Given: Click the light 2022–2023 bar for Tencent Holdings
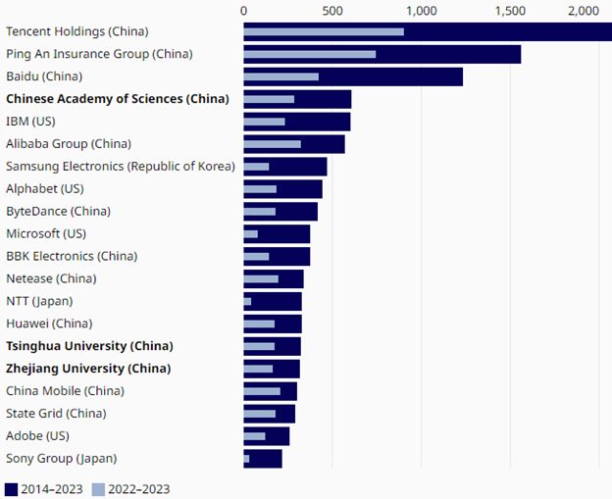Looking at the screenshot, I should click(x=324, y=31).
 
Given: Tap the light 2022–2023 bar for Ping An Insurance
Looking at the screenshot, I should click(x=310, y=54).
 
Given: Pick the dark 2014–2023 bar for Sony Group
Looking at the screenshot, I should click(x=266, y=459).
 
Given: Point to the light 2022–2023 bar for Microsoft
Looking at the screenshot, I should click(x=251, y=234).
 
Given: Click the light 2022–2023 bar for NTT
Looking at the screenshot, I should click(x=247, y=302).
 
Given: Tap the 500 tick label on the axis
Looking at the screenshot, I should click(x=332, y=10).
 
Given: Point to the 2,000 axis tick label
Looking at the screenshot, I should click(x=584, y=10).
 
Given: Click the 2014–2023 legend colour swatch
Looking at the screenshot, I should click(x=12, y=488).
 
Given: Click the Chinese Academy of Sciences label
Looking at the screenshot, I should click(x=117, y=99).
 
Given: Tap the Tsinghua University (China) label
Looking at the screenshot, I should click(x=89, y=346).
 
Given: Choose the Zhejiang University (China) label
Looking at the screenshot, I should click(x=88, y=369).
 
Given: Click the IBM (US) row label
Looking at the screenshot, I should click(x=31, y=122).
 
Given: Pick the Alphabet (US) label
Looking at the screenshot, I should click(x=45, y=188).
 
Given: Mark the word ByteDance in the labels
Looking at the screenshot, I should click(x=33, y=211).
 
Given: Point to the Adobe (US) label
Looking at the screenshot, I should click(x=37, y=436).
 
